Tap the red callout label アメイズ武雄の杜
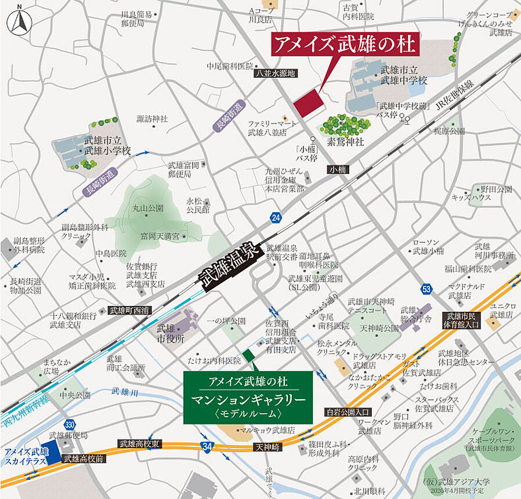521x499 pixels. click(346, 44)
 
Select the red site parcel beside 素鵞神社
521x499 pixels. click(308, 103)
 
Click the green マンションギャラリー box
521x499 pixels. click(248, 396)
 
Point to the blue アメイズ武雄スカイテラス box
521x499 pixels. click(27, 455)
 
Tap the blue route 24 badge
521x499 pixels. click(276, 218)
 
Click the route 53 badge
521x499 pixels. click(426, 288)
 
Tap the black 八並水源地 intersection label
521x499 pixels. click(276, 74)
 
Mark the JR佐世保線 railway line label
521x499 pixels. click(455, 93)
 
